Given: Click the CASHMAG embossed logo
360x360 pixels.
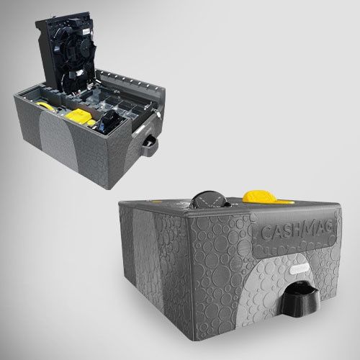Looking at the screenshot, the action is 297,231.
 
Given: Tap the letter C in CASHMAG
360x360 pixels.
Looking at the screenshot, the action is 266,233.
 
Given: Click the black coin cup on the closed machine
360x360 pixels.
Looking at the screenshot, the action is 300,297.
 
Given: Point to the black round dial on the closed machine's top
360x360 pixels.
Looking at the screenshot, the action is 210,199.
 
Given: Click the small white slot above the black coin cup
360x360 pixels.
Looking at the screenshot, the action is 299,269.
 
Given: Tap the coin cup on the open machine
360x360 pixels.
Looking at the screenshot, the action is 149,145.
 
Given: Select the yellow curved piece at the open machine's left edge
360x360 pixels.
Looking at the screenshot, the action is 45,107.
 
